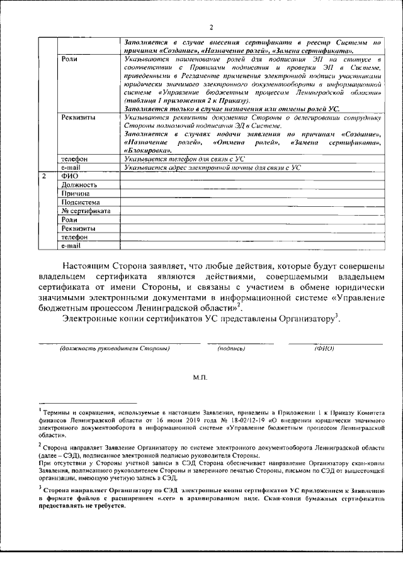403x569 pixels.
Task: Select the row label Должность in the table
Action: (79, 185)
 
